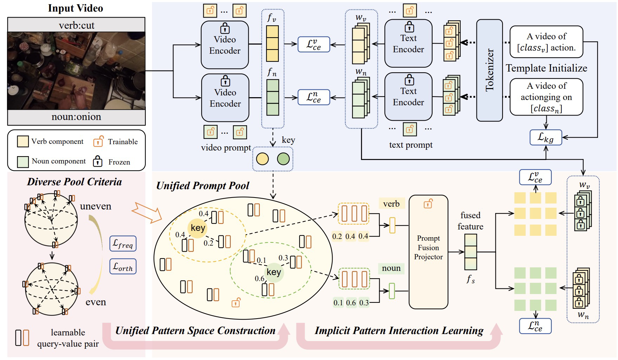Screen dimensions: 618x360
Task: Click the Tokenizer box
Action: (x=489, y=70)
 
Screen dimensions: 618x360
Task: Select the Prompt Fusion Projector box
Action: (x=428, y=252)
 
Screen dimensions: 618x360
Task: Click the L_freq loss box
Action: (x=123, y=244)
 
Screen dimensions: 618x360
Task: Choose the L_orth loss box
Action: (x=123, y=266)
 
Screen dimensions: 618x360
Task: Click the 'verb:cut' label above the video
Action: (x=77, y=25)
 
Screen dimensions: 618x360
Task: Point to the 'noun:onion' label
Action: (x=76, y=116)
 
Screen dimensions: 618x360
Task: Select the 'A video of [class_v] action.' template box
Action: (x=546, y=42)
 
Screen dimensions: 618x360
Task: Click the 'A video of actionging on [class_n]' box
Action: (x=546, y=97)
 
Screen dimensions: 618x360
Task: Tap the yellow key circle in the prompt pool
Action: (x=198, y=228)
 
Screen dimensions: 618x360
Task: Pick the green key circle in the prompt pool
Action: (x=274, y=272)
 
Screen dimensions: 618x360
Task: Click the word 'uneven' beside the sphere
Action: (x=96, y=206)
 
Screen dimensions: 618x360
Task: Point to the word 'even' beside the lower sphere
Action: (x=96, y=302)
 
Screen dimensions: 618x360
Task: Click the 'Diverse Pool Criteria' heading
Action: (x=74, y=181)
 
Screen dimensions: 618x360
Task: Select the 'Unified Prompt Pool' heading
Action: (x=203, y=186)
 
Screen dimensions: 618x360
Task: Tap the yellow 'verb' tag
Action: (x=392, y=204)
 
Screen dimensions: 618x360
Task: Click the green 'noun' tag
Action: (x=391, y=268)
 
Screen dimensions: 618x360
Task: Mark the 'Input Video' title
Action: (x=75, y=8)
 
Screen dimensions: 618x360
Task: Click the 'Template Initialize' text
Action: (x=546, y=68)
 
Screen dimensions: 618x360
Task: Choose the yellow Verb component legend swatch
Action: (x=23, y=141)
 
